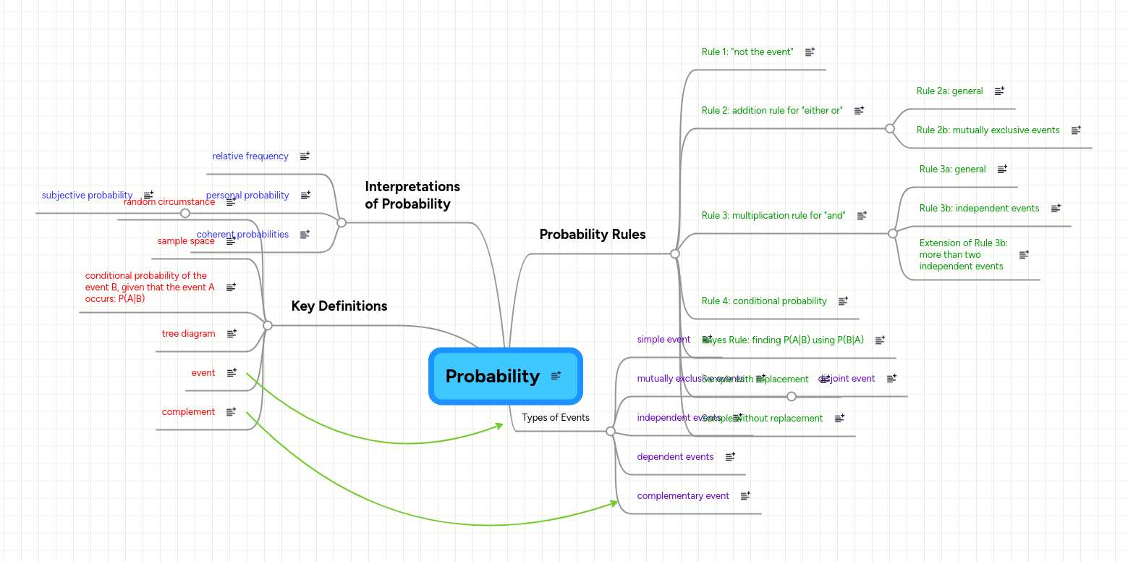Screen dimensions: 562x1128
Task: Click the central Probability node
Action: tap(493, 376)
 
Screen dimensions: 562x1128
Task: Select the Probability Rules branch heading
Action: tap(592, 234)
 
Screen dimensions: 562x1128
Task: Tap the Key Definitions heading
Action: tap(339, 306)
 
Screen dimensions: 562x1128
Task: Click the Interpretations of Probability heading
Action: tap(412, 196)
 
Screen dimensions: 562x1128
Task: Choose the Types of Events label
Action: tap(555, 417)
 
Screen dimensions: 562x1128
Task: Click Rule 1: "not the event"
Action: tap(747, 52)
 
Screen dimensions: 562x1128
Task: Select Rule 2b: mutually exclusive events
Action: tap(987, 130)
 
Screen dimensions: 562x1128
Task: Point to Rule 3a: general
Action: tap(952, 169)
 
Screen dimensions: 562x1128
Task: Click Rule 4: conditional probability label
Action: tap(763, 301)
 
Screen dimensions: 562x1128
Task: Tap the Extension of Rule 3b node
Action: tap(962, 255)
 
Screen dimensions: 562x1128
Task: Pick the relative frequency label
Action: tap(250, 156)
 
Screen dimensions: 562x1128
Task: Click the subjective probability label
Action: tap(87, 196)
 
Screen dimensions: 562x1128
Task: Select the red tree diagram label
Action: tap(188, 334)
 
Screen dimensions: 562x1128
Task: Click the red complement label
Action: tap(188, 412)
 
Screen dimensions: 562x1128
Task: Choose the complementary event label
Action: tap(682, 496)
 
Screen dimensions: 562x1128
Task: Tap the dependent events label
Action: tap(674, 457)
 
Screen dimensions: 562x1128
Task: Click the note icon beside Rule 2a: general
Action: tap(999, 91)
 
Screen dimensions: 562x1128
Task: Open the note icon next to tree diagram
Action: tap(232, 334)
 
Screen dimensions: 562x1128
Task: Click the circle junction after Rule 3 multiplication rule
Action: tap(892, 233)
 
